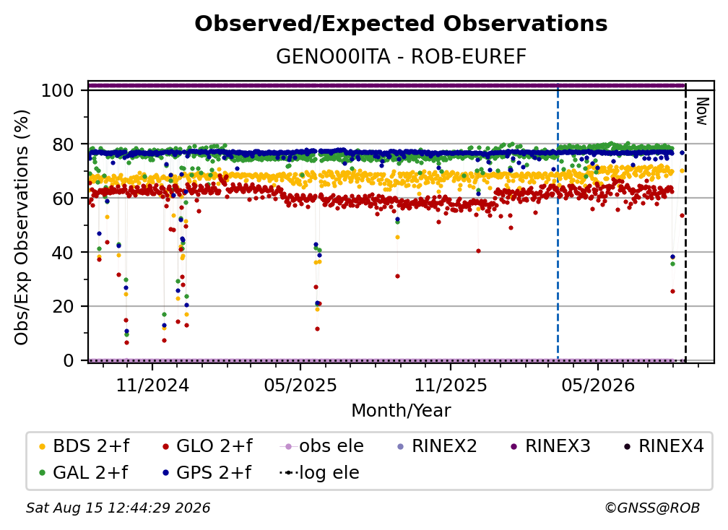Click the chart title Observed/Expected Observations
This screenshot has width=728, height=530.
(x=401, y=24)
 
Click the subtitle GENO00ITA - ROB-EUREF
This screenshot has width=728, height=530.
(x=401, y=57)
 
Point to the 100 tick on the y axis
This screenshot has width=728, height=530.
(x=58, y=90)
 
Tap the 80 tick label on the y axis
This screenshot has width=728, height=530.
(x=63, y=144)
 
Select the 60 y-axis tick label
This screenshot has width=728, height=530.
(x=63, y=199)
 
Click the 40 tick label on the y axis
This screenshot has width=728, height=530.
(x=63, y=253)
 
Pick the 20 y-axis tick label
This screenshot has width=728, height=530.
(x=63, y=307)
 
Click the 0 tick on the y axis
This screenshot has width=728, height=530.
(x=69, y=360)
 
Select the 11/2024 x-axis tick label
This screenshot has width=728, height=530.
(x=152, y=385)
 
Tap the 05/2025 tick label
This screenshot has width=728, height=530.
(x=300, y=385)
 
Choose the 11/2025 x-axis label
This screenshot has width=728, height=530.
(x=451, y=385)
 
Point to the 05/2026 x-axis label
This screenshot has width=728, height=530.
(x=598, y=385)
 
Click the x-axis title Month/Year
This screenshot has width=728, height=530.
(x=401, y=411)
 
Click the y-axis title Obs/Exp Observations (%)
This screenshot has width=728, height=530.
(x=22, y=227)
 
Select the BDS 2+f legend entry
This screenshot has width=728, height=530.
(x=84, y=446)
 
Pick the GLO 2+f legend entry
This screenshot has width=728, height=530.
(x=207, y=446)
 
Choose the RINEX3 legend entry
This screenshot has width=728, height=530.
(x=550, y=446)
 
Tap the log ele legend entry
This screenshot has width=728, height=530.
(x=319, y=473)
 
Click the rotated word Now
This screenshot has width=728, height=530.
(x=702, y=111)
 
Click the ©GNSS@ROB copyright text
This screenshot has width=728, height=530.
(x=652, y=508)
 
